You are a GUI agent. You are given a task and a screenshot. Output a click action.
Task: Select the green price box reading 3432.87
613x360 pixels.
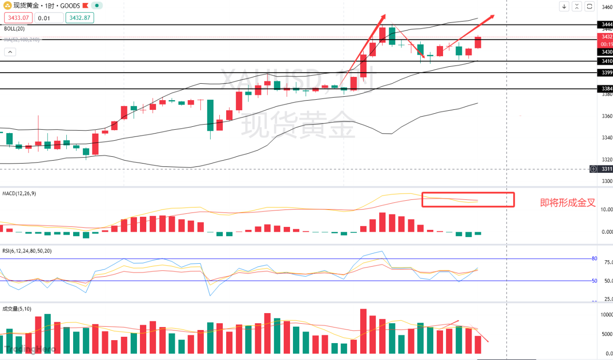[80, 18]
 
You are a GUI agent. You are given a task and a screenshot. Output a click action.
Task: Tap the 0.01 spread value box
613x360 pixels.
[48, 18]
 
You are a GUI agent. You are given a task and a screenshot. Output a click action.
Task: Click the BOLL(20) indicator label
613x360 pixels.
[14, 29]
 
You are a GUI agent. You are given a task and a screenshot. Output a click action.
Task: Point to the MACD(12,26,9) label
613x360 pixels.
[19, 194]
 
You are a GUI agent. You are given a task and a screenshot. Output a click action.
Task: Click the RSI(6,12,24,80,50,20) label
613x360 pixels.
[27, 251]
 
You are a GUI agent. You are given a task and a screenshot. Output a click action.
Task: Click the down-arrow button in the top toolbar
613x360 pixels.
[564, 6]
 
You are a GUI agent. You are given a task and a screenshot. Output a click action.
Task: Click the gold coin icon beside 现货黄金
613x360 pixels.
[8, 6]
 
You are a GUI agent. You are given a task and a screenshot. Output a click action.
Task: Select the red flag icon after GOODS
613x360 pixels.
[85, 6]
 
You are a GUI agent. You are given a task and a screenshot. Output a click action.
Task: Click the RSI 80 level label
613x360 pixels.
[594, 258]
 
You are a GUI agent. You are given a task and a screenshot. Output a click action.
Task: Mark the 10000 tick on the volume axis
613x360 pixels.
[606, 315]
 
